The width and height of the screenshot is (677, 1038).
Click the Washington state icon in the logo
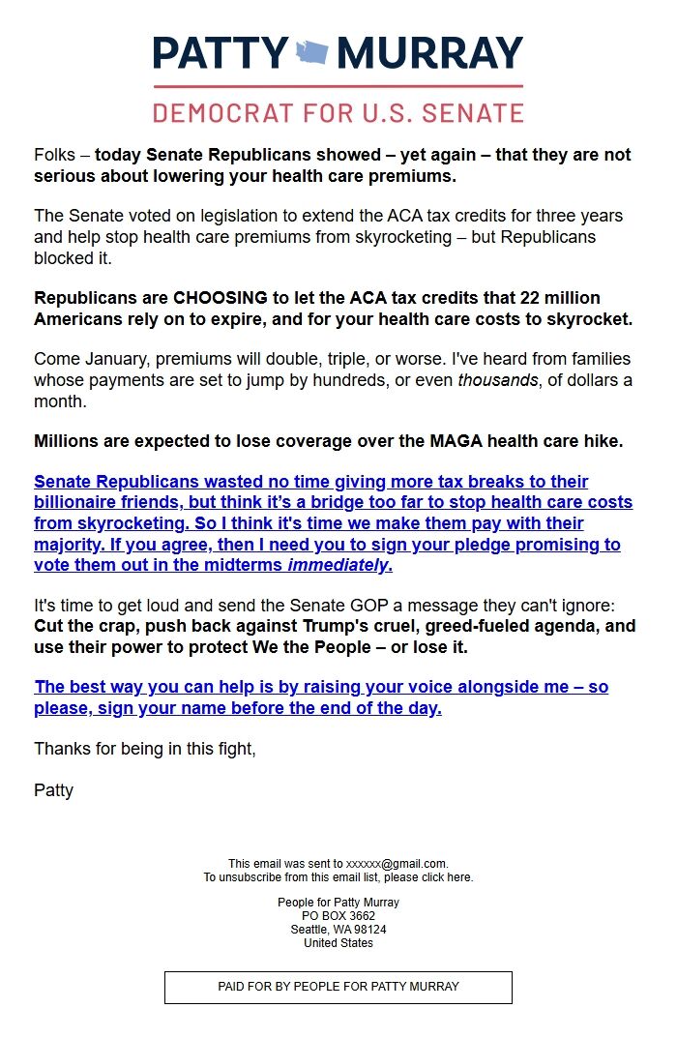pyautogui.click(x=311, y=51)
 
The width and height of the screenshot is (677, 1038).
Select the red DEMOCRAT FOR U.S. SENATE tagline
pyautogui.click(x=338, y=111)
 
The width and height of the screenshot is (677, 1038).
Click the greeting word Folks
pyautogui.click(x=54, y=155)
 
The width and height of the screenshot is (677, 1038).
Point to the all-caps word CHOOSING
pyautogui.click(x=218, y=298)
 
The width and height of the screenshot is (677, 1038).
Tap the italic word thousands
pyautogui.click(x=497, y=380)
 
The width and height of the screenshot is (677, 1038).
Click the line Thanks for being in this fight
pyautogui.click(x=145, y=749)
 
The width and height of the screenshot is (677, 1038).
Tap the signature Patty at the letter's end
pyautogui.click(x=53, y=790)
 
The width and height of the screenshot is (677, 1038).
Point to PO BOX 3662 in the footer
pyautogui.click(x=338, y=915)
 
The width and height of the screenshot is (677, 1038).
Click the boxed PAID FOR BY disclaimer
pyautogui.click(x=338, y=987)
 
